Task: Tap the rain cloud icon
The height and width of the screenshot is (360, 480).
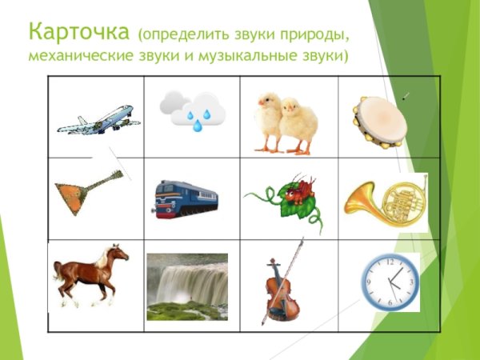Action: click(x=191, y=110)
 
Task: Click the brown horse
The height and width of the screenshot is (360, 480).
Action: click(x=90, y=274)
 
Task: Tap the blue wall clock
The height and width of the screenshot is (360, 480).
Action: click(x=390, y=282)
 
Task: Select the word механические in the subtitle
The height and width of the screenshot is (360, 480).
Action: click(x=77, y=57)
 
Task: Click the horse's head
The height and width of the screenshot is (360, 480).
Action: click(x=118, y=254)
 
